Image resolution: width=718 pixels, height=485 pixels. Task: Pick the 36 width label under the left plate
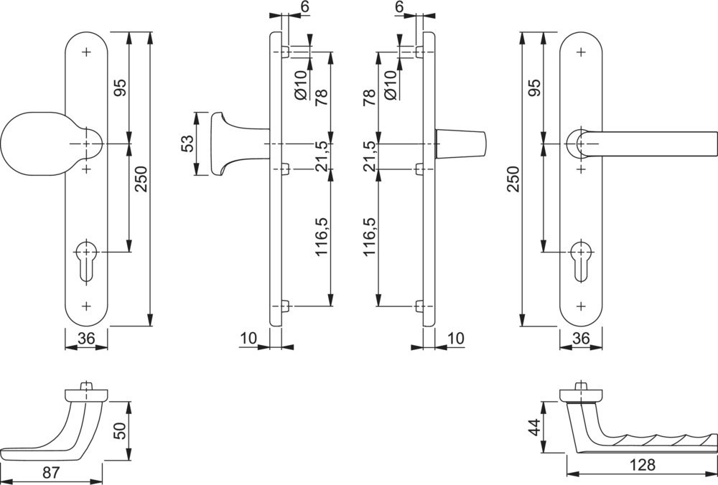86,337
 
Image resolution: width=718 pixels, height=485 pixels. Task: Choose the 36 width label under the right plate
581,337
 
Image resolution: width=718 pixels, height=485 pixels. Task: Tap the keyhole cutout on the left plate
86,263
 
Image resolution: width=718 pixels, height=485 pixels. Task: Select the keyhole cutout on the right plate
581,263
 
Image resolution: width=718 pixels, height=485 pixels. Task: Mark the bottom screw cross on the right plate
581,306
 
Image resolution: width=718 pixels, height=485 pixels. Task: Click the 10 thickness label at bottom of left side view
248,337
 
